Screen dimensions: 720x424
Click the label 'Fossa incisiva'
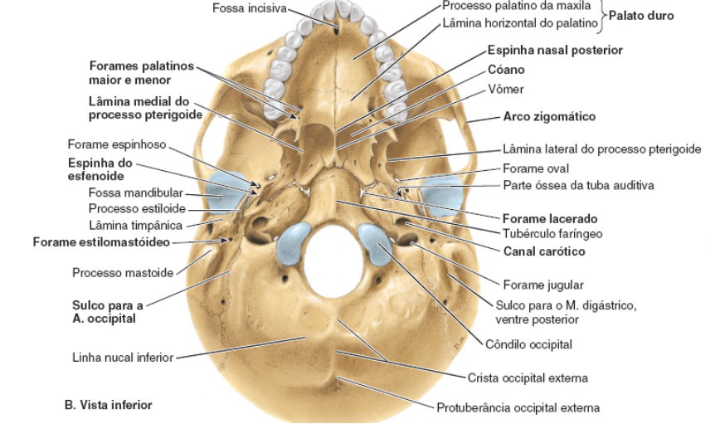249,9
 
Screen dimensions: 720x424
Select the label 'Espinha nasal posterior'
555,51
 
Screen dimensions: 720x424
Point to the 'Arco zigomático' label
548,117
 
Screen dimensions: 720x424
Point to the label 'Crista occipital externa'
528,378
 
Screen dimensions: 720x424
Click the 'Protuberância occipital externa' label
518,407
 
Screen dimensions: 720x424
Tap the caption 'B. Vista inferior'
108,406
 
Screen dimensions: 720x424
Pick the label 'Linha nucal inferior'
122,358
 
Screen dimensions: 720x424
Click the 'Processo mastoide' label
122,272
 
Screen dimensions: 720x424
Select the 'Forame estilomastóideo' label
101,242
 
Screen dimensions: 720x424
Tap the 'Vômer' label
506,89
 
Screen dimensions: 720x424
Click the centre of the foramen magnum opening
336,257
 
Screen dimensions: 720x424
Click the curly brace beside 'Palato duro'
603,16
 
